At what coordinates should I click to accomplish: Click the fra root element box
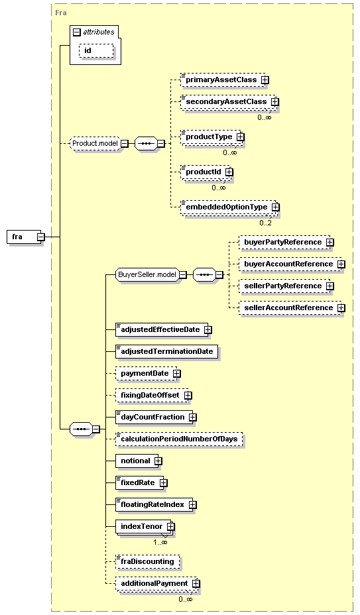[24, 237]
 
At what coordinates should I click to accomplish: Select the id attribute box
[96, 51]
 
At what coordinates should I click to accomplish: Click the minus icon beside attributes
[77, 32]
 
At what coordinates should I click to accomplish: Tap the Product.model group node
[95, 144]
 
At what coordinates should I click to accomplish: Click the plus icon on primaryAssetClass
[265, 80]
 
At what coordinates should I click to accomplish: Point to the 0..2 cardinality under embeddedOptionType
[265, 223]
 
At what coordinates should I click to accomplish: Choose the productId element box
[206, 172]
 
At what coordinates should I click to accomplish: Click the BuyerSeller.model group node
[147, 274]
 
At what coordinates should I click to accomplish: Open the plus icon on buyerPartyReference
[330, 243]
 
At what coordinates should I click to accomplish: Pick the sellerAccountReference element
[292, 308]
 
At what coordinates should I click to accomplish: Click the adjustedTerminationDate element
[167, 351]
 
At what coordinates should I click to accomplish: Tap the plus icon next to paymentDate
[177, 373]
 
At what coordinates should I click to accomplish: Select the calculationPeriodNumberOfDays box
[179, 439]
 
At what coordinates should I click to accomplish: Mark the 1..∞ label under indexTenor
[160, 543]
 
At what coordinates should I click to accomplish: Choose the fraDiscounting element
[148, 562]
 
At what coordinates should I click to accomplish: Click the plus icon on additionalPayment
[196, 584]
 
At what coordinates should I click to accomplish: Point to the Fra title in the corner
[61, 13]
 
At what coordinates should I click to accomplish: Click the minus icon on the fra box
[41, 237]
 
